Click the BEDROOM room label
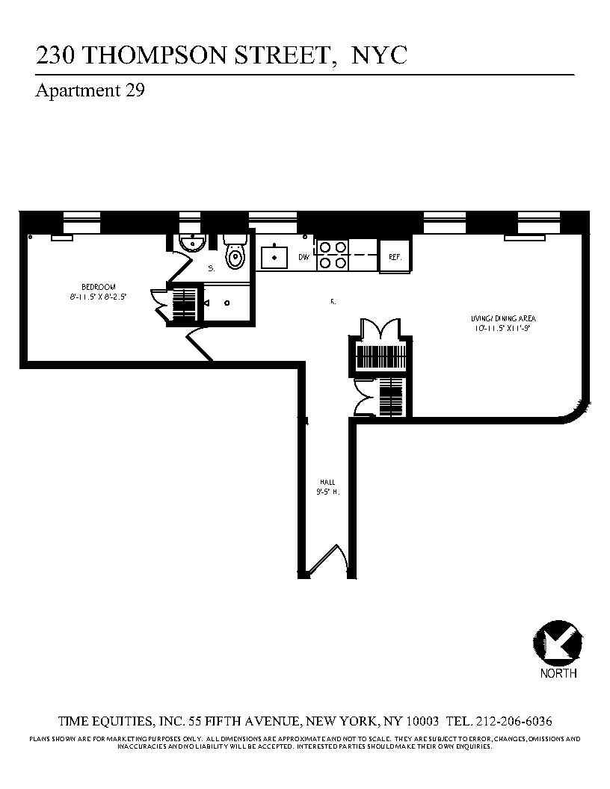(x=99, y=287)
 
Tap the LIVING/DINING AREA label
(x=505, y=319)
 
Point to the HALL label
(x=324, y=483)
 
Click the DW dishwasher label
(x=304, y=258)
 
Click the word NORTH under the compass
(x=558, y=673)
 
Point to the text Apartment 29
(x=90, y=91)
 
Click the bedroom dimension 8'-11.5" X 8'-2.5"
(x=99, y=296)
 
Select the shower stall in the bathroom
(x=229, y=303)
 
